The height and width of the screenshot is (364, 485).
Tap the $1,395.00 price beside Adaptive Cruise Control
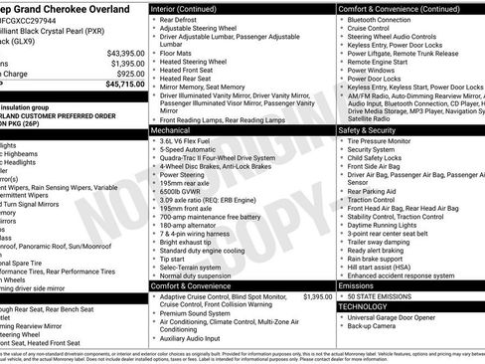tap(317, 296)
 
